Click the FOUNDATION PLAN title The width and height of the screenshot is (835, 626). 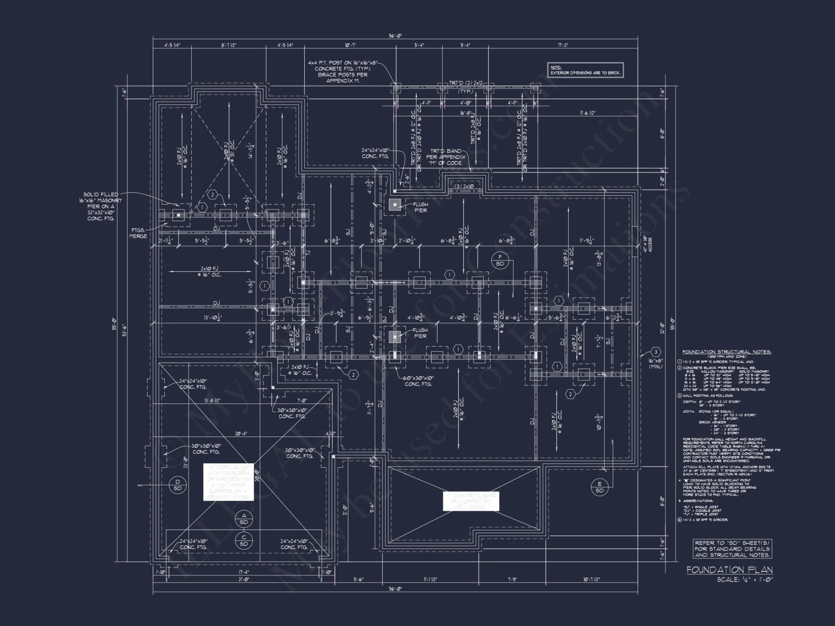click(729, 570)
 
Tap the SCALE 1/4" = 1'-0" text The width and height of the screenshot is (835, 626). click(745, 580)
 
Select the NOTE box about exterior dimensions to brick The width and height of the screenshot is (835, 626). click(585, 70)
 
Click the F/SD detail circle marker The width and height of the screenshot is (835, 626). click(500, 260)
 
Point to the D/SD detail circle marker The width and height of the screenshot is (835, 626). click(177, 485)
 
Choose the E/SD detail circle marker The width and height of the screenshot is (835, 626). click(600, 487)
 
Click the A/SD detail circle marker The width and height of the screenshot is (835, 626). click(244, 519)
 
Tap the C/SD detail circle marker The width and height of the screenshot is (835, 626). click(244, 540)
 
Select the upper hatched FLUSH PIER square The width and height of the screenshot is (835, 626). click(395, 204)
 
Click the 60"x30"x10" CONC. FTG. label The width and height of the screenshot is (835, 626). click(418, 381)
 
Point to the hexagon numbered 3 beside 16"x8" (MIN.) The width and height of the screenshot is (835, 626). click(655, 352)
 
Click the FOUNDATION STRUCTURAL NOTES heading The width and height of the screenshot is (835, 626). click(726, 352)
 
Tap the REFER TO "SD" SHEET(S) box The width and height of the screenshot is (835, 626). click(732, 549)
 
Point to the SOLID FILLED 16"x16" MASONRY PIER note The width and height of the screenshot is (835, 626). click(101, 206)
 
